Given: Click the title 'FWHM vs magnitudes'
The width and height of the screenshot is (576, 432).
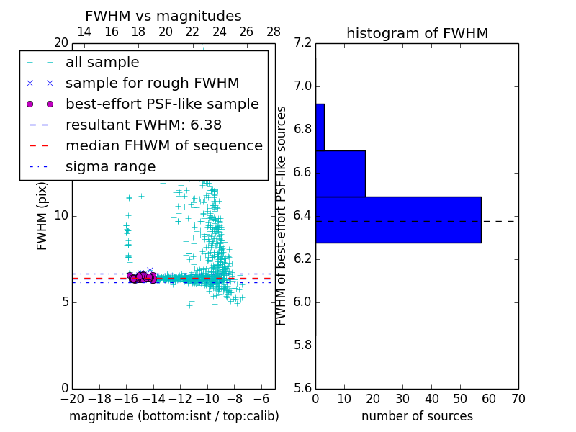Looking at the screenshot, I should coord(163,16).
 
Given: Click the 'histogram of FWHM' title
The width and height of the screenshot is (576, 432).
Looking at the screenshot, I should coord(417,33).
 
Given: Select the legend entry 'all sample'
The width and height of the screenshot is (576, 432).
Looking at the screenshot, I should coord(102,63).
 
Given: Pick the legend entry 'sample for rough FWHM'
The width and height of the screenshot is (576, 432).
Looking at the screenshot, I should coord(152,83).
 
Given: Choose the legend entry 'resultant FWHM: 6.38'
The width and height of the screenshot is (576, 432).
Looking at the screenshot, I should coord(143,125).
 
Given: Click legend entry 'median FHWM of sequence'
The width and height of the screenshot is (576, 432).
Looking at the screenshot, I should coord(163,145).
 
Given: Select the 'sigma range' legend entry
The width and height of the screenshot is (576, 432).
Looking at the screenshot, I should coord(110,166).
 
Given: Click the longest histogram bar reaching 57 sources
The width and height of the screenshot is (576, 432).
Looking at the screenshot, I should coord(398,220).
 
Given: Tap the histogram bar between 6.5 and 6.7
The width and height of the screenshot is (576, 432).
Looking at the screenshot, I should coord(341,174).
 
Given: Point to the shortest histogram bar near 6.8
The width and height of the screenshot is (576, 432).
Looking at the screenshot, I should coord(320,127).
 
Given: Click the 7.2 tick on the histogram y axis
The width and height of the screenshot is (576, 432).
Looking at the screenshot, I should coord(302,43).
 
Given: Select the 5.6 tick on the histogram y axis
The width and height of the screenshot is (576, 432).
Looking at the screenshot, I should coord(302,388).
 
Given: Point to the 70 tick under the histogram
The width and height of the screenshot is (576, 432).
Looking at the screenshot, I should coord(518,399).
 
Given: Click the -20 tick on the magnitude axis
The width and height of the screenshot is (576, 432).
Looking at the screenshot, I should coord(72,399).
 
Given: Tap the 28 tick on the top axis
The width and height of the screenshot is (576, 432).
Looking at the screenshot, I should coord(274,32).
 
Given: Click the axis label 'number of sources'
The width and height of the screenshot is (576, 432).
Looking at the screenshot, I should coord(417,416).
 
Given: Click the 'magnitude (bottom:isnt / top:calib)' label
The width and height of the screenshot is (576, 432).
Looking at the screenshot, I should coord(174,416).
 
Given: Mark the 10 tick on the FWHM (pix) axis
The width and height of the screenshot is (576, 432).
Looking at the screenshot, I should coord(60,215).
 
